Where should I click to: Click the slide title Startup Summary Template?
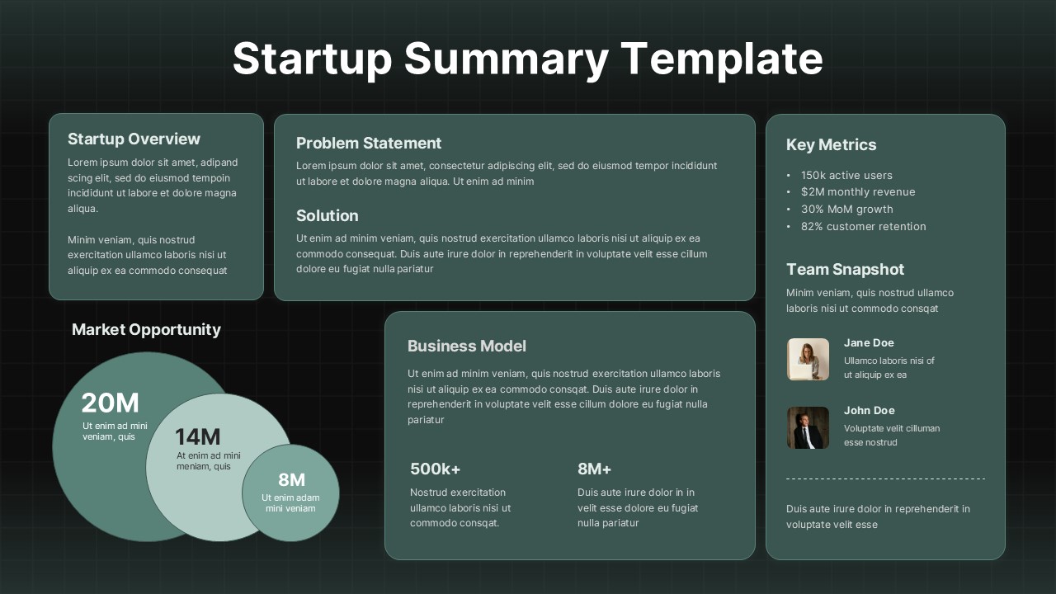(527, 59)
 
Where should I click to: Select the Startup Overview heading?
(134, 139)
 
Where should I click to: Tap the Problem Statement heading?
(369, 143)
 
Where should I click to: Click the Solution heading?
(327, 215)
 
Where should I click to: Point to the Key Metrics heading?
(831, 144)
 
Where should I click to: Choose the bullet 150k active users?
(846, 175)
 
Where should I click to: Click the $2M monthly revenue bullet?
(858, 191)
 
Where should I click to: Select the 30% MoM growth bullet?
(846, 209)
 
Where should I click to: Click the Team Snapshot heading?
(845, 269)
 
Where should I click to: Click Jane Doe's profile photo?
(808, 360)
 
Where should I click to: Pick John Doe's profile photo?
(808, 427)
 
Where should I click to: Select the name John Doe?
(869, 410)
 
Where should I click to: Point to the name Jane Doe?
(869, 342)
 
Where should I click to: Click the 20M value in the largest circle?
(110, 403)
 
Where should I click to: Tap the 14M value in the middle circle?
(197, 436)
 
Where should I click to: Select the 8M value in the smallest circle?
(291, 479)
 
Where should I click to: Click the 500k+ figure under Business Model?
(435, 469)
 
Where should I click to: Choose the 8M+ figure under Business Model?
(594, 469)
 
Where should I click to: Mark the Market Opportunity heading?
(146, 329)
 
